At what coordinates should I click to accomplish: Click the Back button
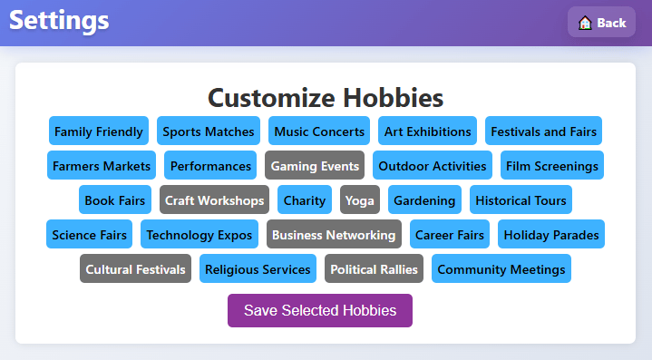[x=601, y=22]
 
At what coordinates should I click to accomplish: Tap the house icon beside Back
[x=585, y=23]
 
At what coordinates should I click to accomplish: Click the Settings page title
[x=59, y=21]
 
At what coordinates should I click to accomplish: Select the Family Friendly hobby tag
[x=99, y=131]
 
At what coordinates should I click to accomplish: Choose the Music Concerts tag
[x=319, y=131]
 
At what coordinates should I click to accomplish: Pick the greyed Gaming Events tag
[x=315, y=165]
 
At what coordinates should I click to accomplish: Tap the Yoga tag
[x=360, y=200]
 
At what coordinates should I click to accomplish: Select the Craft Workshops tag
[x=214, y=200]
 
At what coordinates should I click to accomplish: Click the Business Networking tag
[x=334, y=235]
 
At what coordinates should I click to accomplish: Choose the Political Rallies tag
[x=374, y=269]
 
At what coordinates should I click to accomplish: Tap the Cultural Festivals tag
[x=135, y=269]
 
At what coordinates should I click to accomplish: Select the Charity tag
[x=305, y=200]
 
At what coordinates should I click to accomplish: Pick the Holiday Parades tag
[x=551, y=235]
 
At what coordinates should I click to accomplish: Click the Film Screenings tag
[x=551, y=165]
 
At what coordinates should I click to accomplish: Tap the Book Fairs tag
[x=115, y=200]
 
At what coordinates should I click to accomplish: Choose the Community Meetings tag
[x=501, y=269]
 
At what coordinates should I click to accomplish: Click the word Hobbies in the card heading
[x=393, y=98]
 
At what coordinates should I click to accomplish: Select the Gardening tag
[x=424, y=200]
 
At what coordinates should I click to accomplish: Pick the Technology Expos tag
[x=199, y=235]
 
